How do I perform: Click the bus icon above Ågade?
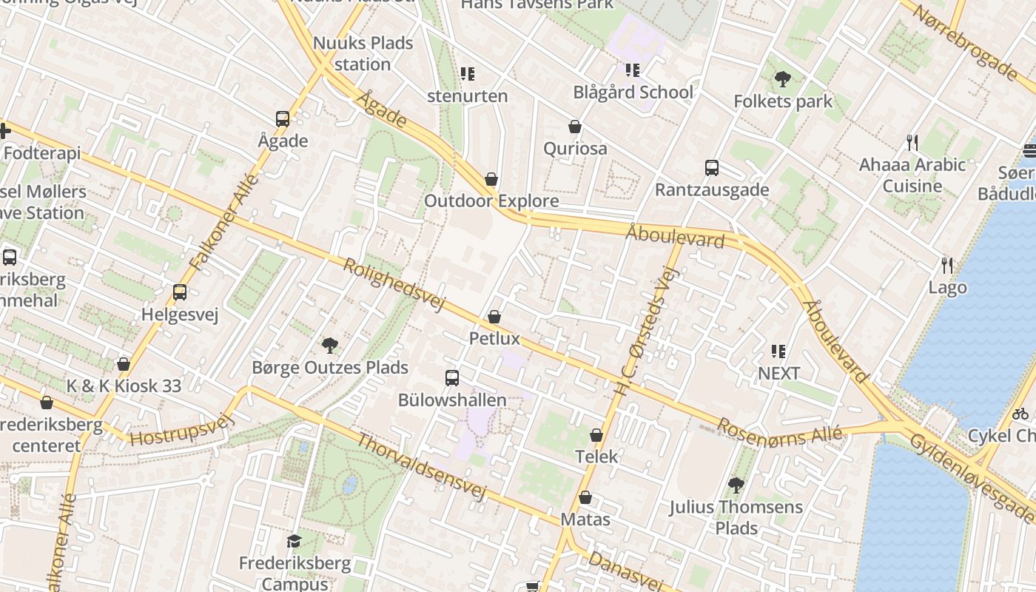tap(282, 118)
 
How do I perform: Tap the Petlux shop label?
tap(494, 339)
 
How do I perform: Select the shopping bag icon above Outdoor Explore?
tap(491, 179)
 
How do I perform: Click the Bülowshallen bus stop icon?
tap(452, 378)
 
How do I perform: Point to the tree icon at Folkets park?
tap(782, 79)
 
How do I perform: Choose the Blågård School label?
tap(633, 92)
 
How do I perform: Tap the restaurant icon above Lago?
tap(946, 265)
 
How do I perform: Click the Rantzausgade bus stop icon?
tap(711, 168)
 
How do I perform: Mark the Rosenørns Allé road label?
tap(780, 431)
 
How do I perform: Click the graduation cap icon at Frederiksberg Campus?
tap(294, 541)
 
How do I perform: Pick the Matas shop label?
tap(585, 519)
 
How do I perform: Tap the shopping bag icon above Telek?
tap(596, 435)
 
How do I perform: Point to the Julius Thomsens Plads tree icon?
tap(736, 485)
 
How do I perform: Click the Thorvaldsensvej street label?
tap(423, 467)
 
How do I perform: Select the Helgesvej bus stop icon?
tap(180, 292)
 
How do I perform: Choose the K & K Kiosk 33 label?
tap(124, 386)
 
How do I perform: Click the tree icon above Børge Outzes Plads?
tap(330, 345)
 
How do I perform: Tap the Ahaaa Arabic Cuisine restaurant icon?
tap(912, 142)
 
